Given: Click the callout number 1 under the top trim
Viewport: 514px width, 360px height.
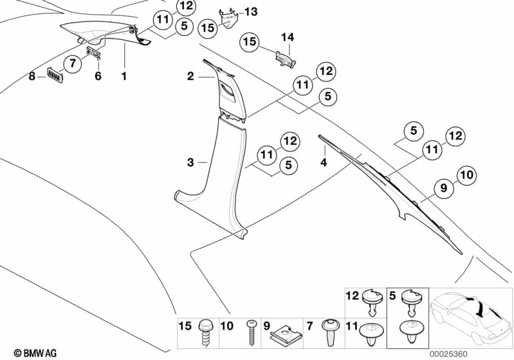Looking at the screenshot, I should click(124, 76).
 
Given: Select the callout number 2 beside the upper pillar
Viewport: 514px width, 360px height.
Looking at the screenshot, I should click(190, 77).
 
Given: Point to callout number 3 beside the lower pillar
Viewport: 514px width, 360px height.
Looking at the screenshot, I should click(190, 163).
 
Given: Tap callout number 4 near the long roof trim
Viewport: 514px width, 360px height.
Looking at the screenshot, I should click(324, 163).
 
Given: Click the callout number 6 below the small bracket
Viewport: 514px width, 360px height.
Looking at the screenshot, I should click(98, 76).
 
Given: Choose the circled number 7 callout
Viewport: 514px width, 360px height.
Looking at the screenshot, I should click(73, 63).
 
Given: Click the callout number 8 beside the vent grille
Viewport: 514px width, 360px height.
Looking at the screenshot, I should click(32, 76).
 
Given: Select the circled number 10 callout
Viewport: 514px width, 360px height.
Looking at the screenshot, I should click(466, 174).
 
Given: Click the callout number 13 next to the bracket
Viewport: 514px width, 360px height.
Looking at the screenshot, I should click(250, 12).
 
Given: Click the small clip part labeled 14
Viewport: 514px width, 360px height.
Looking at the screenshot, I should click(284, 57).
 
